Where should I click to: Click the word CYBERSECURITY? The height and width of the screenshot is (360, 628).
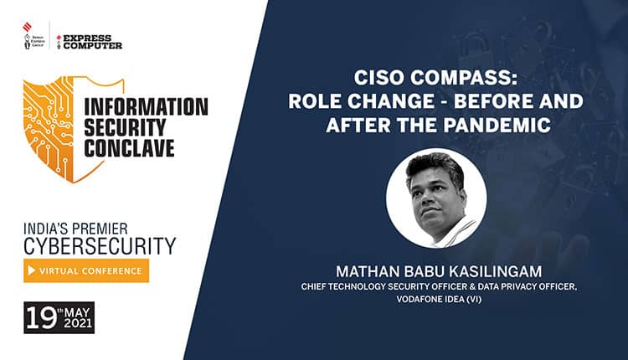(100, 244)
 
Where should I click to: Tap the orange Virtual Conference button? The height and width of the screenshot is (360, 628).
(86, 270)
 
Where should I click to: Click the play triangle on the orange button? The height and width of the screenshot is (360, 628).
(33, 270)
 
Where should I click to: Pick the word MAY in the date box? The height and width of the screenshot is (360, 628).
(75, 311)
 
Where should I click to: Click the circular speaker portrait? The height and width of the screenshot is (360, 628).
(435, 198)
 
